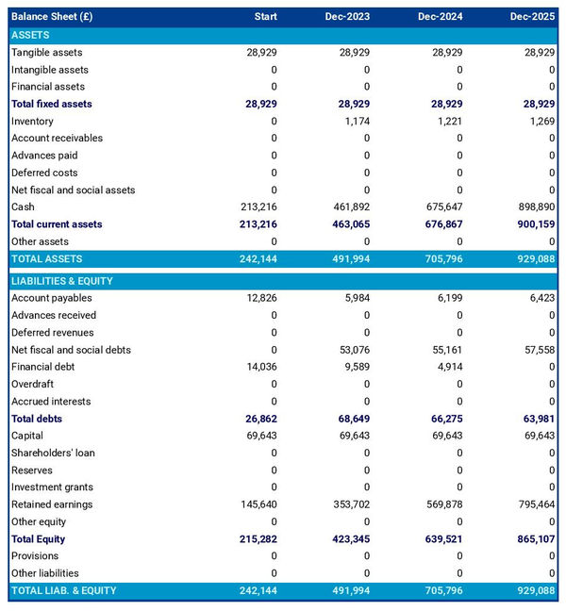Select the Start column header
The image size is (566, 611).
265,17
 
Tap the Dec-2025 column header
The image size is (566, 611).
532,17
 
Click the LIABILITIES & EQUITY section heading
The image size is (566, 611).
62,281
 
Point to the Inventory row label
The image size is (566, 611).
32,121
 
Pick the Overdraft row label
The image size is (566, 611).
32,384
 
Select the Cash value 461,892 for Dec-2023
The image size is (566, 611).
349,206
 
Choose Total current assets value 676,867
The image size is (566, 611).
441,224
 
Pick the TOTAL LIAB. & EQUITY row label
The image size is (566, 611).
63,590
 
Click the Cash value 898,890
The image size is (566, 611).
535,206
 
